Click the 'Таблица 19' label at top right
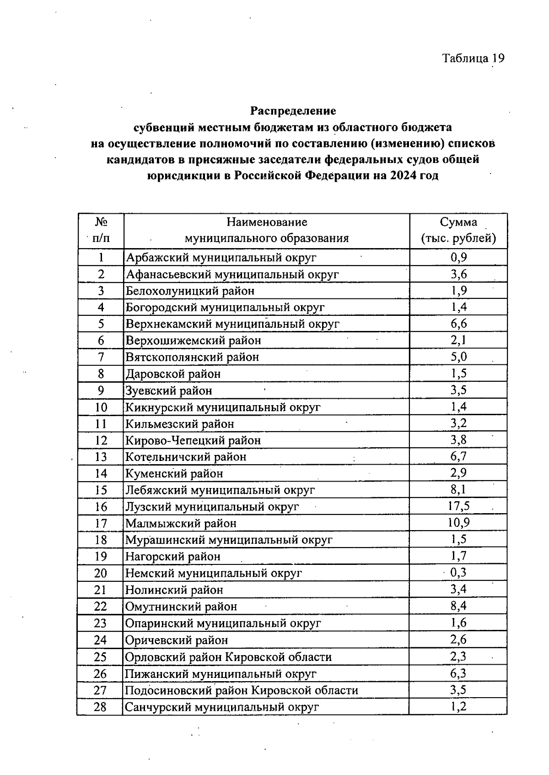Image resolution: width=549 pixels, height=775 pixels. pos(473,58)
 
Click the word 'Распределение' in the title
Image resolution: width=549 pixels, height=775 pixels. pos(293,111)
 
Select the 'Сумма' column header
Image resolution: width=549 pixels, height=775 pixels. pos(458,222)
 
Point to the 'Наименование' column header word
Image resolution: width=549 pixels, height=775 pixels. pos(267,222)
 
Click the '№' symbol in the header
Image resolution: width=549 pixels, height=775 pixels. pos(101,222)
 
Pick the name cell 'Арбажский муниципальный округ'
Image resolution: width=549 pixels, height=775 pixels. pos(221,257)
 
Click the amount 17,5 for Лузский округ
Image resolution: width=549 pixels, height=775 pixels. pos(458,506)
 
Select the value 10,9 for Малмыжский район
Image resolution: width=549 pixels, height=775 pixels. pos(458,522)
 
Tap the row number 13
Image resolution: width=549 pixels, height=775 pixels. pos(101,457)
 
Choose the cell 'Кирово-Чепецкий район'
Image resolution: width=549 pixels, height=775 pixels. pos(193,440)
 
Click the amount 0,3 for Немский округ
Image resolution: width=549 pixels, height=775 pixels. pos(458,572)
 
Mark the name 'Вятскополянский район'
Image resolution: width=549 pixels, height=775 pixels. pos(192,357)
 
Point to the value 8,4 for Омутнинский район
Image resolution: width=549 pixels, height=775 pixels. pos(458,606)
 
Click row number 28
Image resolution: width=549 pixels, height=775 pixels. pos(100,707)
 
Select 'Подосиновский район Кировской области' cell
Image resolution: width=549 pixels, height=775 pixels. pos(242,690)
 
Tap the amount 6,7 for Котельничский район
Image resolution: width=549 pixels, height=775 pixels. pos(458,456)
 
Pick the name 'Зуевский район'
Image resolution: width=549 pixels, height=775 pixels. pos(169,390)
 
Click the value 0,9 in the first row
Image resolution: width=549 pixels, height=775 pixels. pos(458,257)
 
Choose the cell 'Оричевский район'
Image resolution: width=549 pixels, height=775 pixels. pos(177,640)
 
